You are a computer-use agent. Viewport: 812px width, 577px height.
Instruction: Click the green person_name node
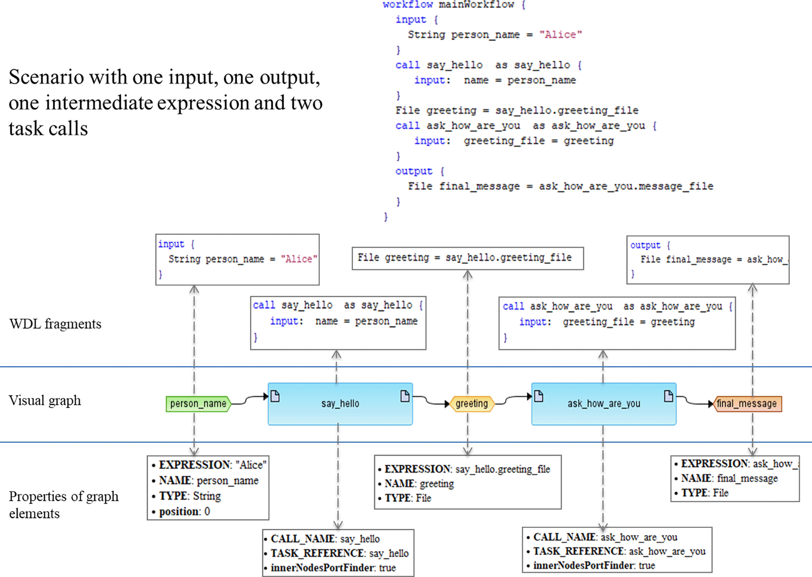198,404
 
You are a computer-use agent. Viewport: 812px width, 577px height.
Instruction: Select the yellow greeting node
472,404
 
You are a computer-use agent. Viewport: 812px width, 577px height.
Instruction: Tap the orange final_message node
747,404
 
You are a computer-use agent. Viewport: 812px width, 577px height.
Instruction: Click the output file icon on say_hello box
405,396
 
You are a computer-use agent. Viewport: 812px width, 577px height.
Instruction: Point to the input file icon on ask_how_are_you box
539,396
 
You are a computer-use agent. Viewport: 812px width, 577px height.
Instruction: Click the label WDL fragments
55,324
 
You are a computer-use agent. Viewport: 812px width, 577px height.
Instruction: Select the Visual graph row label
45,401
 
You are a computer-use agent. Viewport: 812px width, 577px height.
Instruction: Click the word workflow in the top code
407,5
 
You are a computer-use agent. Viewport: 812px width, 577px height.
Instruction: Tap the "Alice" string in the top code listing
560,35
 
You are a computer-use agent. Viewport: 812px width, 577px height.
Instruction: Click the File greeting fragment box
467,258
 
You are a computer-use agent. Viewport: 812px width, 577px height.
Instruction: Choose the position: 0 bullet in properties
184,512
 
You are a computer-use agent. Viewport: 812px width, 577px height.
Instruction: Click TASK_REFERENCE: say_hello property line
339,553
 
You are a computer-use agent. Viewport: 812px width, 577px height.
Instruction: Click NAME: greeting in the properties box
419,484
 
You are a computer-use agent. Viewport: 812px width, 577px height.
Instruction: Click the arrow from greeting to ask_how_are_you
513,399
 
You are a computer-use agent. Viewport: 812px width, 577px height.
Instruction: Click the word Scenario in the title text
43,78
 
